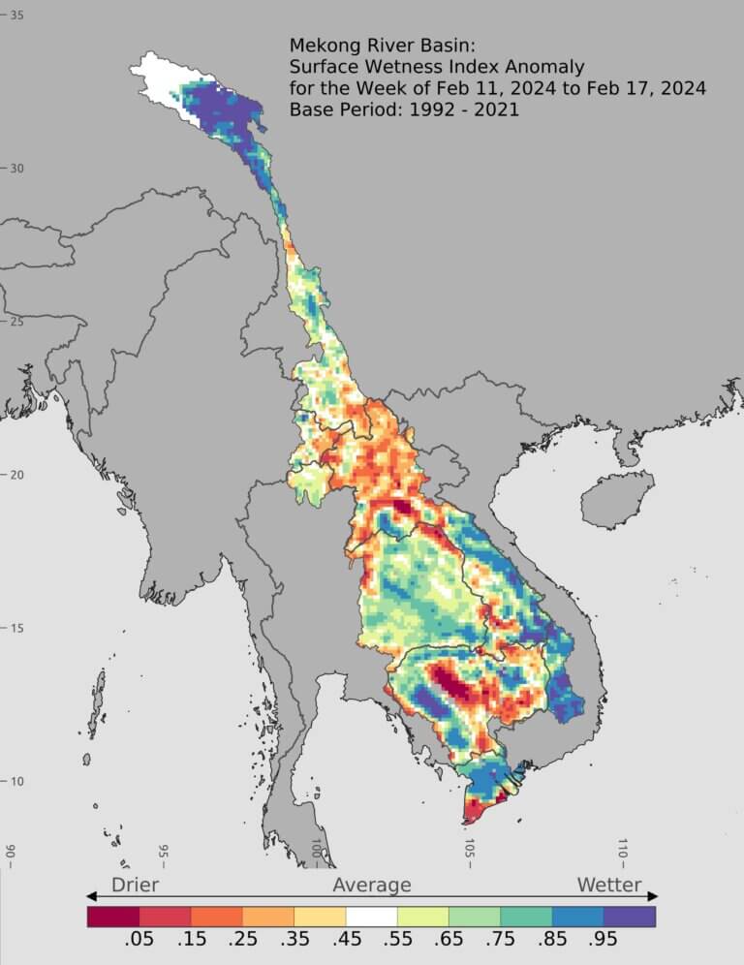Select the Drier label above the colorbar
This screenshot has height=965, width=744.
point(135,885)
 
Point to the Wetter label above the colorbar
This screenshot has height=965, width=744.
point(609,885)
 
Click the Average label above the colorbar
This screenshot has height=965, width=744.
point(372,885)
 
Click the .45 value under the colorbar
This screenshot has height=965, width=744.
point(346,939)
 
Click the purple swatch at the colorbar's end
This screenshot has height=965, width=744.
point(630,916)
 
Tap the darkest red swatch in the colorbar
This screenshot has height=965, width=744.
point(112,916)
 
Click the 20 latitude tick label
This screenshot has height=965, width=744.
point(16,475)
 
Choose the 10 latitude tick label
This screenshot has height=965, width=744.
point(16,781)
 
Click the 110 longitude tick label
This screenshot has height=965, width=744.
point(623,852)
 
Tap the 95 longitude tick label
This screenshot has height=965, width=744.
point(163,854)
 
